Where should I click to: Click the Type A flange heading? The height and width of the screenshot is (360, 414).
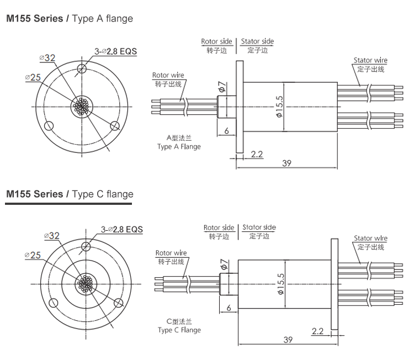coord(69,19)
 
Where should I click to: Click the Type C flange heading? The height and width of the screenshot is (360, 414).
coord(69,194)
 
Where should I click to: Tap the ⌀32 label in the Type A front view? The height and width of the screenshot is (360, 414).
coord(47,58)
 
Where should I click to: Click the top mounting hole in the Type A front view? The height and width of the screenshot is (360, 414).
coord(82,68)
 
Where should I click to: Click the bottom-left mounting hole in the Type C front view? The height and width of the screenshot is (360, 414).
coord(54,302)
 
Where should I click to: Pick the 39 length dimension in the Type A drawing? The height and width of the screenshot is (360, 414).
coord(286,163)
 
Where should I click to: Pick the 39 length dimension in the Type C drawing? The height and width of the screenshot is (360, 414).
coord(288,340)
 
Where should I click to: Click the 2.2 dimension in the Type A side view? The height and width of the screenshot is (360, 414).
coord(257,153)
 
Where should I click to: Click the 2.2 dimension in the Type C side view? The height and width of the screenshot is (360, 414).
coord(317,331)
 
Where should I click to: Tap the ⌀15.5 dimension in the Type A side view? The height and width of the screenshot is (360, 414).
coord(279,107)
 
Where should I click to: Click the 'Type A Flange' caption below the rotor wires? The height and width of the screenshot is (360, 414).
coord(179,147)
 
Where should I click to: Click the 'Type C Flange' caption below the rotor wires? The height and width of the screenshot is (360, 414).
coord(179,330)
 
